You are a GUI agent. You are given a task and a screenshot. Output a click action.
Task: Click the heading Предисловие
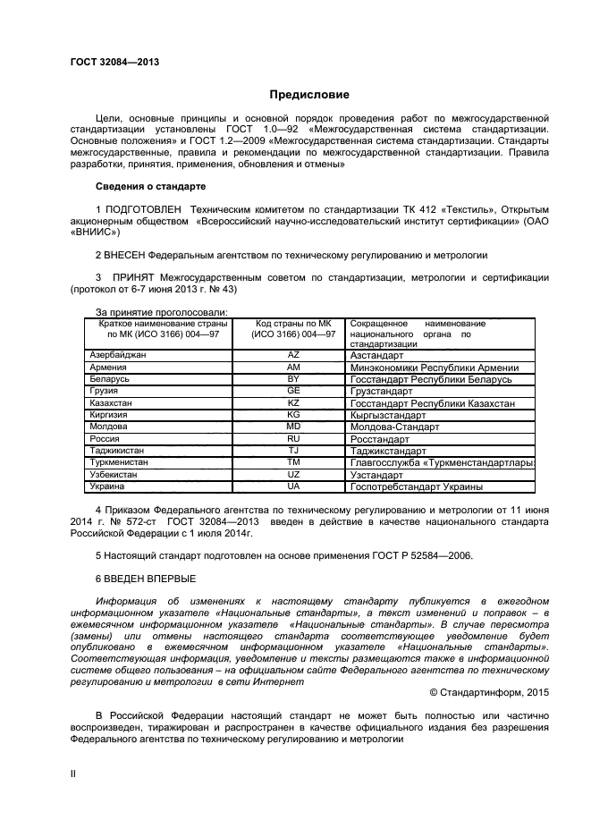[x=310, y=95]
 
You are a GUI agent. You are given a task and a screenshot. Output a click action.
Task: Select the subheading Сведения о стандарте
[x=150, y=187]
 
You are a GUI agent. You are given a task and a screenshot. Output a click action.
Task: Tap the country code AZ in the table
[x=293, y=355]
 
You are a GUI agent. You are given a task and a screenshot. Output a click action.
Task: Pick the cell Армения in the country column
[x=108, y=368]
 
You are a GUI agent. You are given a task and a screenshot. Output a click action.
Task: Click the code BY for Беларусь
[x=293, y=379]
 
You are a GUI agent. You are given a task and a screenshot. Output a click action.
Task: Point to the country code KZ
[x=293, y=403]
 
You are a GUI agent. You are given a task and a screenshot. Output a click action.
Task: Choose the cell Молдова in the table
[x=109, y=427]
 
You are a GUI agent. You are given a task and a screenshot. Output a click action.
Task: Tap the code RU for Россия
[x=293, y=439]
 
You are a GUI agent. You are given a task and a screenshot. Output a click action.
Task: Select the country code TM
[x=293, y=462]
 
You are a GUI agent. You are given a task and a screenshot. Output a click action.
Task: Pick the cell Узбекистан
[x=114, y=474]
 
